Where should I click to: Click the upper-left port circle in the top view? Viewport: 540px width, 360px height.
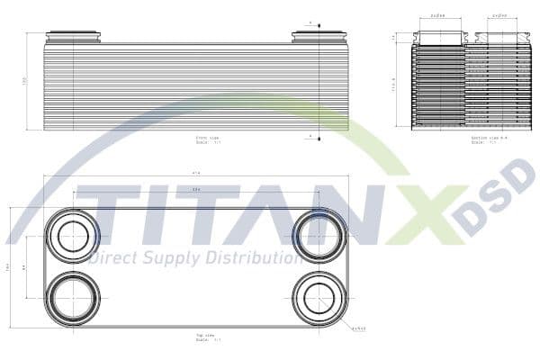tap(72, 236)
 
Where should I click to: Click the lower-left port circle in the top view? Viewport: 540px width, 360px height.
tap(72, 298)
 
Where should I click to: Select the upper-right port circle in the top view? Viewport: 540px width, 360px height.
tap(319, 236)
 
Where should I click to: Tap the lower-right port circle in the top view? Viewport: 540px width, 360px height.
tap(319, 298)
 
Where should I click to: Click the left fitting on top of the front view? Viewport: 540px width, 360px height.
tap(73, 37)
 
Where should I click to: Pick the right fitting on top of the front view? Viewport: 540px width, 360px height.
tap(319, 37)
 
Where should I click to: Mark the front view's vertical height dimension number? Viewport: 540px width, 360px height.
tap(25, 82)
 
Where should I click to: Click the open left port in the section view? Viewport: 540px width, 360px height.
tap(439, 38)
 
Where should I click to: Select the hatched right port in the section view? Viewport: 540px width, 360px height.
tap(497, 39)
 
